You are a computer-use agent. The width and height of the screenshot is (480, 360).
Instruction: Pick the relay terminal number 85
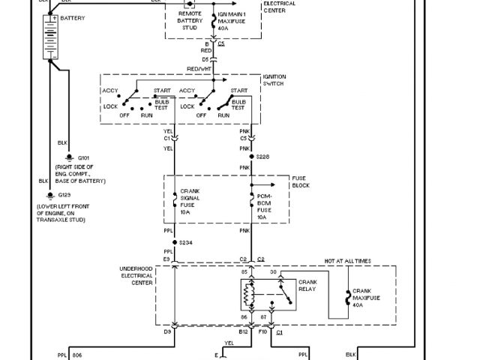[244, 271]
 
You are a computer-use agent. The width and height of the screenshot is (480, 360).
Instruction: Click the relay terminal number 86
[244, 319]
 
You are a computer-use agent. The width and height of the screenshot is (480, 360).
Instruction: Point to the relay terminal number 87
[262, 319]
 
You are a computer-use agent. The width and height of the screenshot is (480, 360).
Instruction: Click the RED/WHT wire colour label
[199, 67]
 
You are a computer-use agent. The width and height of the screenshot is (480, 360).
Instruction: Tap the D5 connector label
[205, 58]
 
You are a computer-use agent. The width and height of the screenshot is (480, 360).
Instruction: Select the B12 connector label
[244, 331]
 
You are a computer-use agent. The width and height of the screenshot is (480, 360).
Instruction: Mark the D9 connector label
[169, 331]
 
